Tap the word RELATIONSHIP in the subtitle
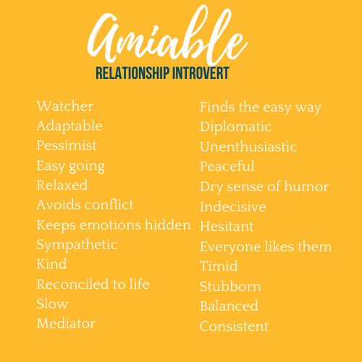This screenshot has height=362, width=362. click(x=132, y=73)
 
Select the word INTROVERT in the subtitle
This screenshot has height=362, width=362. click(x=201, y=73)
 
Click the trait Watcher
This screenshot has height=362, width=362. click(x=65, y=106)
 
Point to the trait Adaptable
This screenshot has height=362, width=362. click(x=70, y=126)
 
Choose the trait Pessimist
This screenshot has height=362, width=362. click(x=67, y=146)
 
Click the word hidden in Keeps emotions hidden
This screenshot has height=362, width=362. click(x=168, y=224)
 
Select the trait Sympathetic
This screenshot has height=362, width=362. click(x=77, y=245)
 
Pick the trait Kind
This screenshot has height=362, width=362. click(x=51, y=264)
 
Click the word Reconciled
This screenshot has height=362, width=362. click(x=72, y=284)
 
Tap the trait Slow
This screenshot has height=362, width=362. click(x=52, y=303)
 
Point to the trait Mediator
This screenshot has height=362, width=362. click(x=66, y=324)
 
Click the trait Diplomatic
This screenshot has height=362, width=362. click(x=235, y=127)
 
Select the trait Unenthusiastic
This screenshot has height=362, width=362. click(x=248, y=147)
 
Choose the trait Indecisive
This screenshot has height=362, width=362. click(x=233, y=206)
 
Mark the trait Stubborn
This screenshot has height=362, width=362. click(x=230, y=286)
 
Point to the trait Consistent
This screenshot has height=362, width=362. click(x=234, y=327)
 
